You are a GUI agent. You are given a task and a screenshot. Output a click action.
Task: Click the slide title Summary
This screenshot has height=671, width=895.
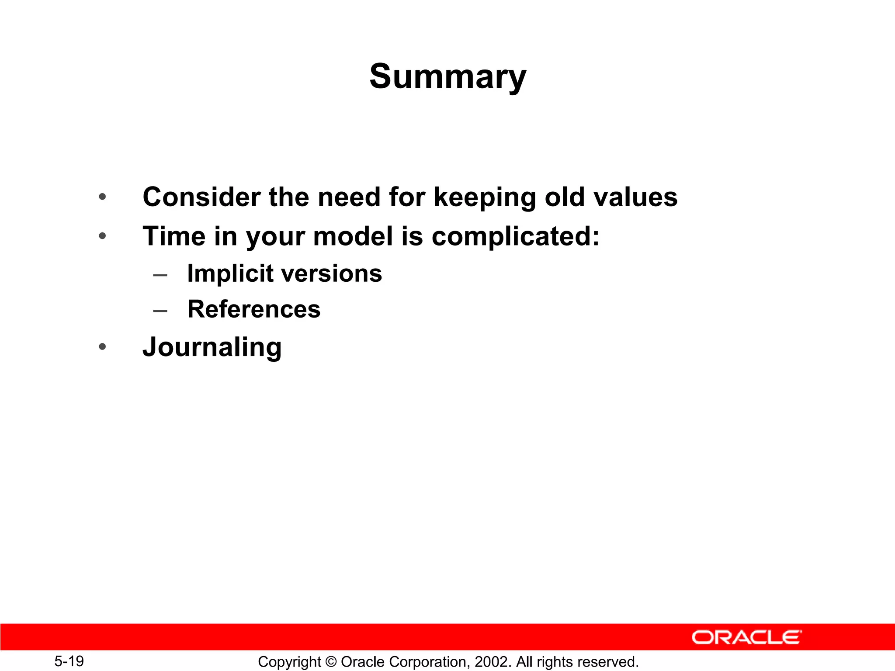(447, 76)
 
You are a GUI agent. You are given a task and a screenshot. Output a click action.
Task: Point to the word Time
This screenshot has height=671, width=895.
(174, 236)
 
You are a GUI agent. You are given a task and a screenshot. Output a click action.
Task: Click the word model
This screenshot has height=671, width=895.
(353, 236)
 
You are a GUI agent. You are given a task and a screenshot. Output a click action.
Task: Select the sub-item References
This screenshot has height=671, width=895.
(253, 309)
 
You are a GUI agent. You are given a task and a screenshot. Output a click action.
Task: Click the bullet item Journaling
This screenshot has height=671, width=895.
(212, 347)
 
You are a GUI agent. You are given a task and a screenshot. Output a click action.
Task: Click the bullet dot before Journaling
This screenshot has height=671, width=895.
(102, 347)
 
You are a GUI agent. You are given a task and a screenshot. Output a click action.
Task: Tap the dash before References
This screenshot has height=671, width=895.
(160, 311)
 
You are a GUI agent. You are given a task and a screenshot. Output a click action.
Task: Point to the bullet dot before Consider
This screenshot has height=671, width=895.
(102, 197)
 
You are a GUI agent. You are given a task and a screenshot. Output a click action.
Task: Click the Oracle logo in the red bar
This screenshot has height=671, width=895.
(746, 637)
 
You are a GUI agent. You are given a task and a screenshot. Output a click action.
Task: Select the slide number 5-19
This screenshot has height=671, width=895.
(69, 661)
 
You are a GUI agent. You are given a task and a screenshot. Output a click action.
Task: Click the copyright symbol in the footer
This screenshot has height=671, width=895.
(331, 662)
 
